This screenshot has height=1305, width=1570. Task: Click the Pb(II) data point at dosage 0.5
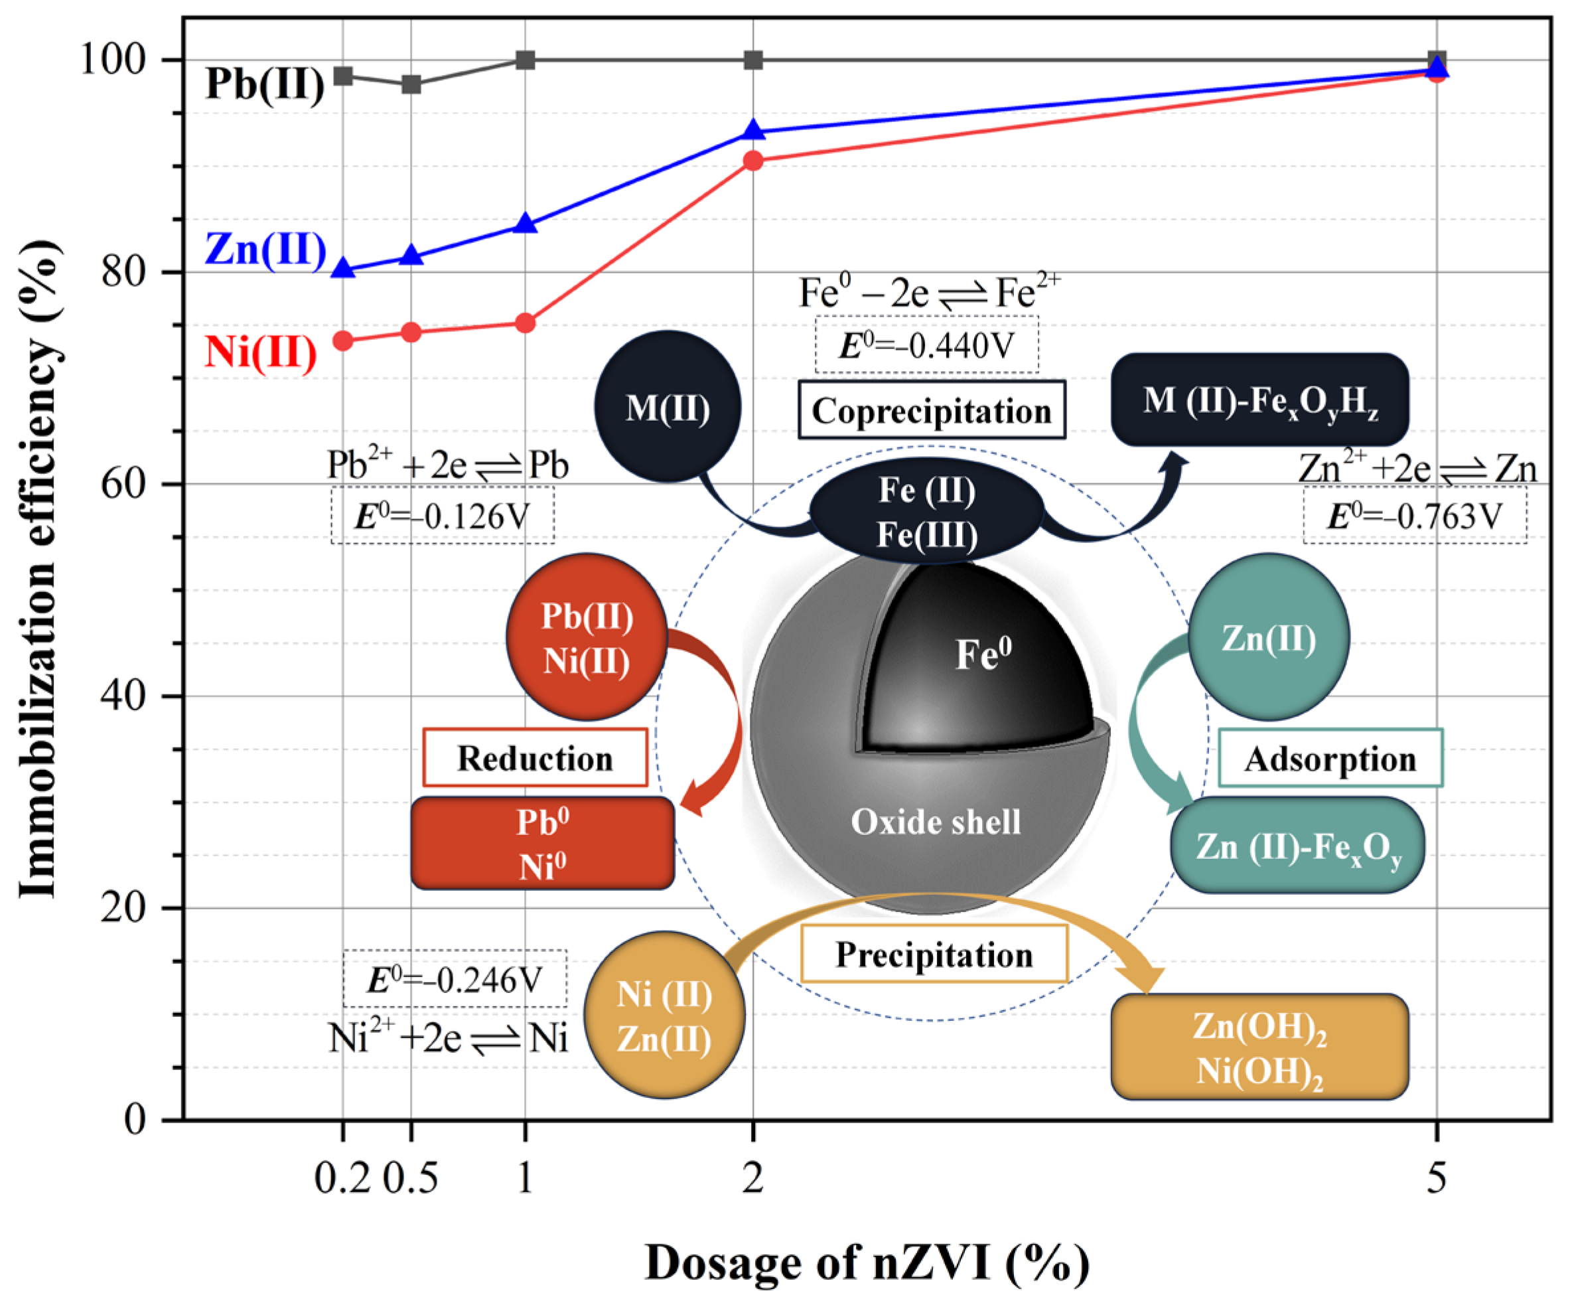point(411,84)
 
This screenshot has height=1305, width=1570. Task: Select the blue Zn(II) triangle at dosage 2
point(754,131)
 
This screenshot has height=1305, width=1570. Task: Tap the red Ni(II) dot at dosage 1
point(526,323)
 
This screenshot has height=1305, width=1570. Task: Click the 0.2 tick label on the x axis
point(342,1179)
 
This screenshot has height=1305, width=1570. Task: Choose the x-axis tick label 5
point(1436,1179)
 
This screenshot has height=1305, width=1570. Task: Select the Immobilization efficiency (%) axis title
point(39,568)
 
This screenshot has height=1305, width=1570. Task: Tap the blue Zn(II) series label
point(266,249)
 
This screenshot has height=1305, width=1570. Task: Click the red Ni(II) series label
point(261,352)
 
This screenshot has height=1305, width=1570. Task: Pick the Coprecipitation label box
point(932,410)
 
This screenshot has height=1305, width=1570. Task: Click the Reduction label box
point(535,757)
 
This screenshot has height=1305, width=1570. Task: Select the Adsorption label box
point(1330,758)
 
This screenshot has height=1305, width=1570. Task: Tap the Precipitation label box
point(934,955)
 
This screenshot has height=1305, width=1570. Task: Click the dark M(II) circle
point(668,408)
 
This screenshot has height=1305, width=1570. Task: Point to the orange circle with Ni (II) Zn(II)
point(664,1016)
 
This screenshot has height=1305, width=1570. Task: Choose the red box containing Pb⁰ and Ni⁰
point(543,844)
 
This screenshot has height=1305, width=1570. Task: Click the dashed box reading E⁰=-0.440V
point(926,345)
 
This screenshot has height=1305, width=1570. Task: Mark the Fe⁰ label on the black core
point(983,653)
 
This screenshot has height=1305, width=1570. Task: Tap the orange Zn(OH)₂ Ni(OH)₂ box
point(1259,1047)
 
